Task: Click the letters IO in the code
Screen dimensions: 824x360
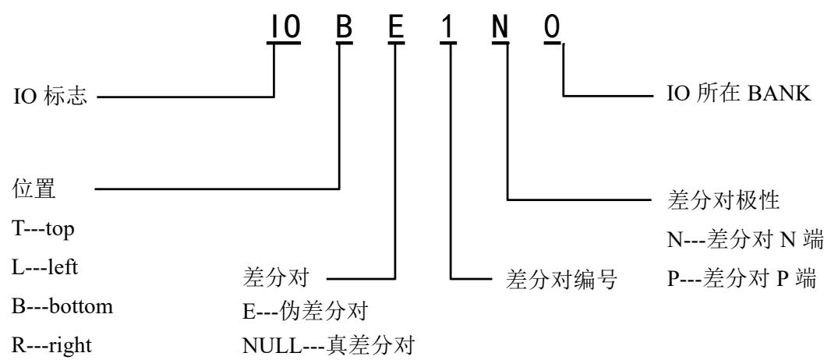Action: (x=285, y=27)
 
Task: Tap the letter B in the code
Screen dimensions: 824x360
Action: (x=344, y=27)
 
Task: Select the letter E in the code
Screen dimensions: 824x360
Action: (x=396, y=27)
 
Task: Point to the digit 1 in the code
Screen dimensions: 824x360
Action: (x=447, y=27)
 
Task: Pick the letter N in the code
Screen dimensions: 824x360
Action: (x=500, y=27)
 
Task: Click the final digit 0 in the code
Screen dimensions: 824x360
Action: (x=552, y=27)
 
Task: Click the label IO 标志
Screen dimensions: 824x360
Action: (x=50, y=97)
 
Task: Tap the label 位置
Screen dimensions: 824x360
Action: (x=34, y=189)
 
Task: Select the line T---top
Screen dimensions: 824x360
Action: (x=43, y=229)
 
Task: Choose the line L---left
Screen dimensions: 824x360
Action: (x=44, y=267)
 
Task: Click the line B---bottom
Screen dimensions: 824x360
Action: (x=62, y=306)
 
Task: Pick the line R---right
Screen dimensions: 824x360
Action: (x=51, y=345)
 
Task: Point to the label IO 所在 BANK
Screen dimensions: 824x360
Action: (x=739, y=94)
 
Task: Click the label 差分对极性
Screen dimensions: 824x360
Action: (x=723, y=200)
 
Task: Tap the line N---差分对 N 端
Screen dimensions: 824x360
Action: (x=745, y=240)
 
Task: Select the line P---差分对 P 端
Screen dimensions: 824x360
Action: (x=741, y=278)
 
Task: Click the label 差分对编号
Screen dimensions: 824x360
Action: (x=561, y=279)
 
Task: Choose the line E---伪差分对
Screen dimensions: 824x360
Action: (x=304, y=312)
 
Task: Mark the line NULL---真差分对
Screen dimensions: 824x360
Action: (x=328, y=345)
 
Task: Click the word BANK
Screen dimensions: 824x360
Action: (x=780, y=94)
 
